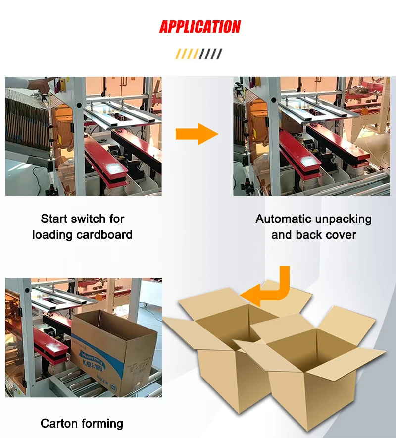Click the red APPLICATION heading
199,27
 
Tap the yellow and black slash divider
198,54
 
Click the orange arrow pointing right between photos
197,134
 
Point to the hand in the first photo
42,86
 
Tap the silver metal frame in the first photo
121,111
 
